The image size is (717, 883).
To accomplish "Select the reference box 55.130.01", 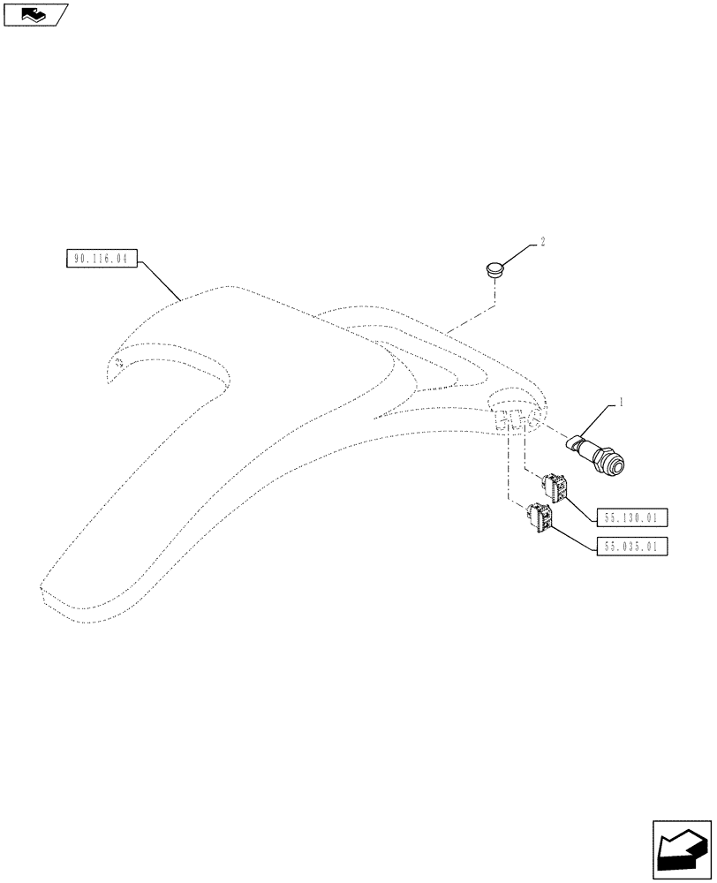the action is click(x=633, y=517).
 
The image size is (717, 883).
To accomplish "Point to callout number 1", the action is click(x=622, y=402).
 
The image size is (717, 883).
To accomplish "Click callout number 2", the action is click(x=543, y=241).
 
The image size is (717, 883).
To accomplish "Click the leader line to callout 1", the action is click(x=600, y=419).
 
